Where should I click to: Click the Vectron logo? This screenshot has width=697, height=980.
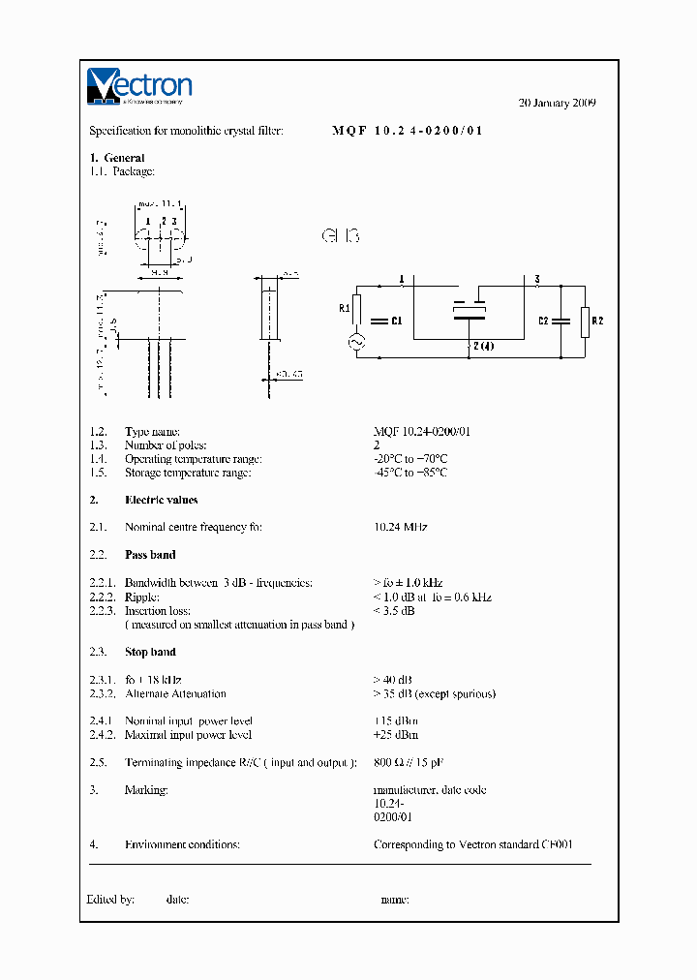pyautogui.click(x=139, y=85)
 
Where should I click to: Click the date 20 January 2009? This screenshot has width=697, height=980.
pyautogui.click(x=558, y=103)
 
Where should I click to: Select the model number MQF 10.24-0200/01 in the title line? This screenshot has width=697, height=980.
pyautogui.click(x=407, y=131)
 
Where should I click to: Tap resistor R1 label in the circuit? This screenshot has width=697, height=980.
pyautogui.click(x=345, y=309)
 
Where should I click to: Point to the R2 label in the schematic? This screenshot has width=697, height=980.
pyautogui.click(x=597, y=321)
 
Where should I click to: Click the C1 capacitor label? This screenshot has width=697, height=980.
pyautogui.click(x=395, y=321)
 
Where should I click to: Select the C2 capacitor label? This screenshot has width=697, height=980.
pyautogui.click(x=544, y=321)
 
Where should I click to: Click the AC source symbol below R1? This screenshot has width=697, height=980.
pyautogui.click(x=355, y=342)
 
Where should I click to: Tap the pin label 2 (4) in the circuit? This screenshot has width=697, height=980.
pyautogui.click(x=481, y=346)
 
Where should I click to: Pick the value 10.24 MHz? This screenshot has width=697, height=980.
pyautogui.click(x=400, y=527)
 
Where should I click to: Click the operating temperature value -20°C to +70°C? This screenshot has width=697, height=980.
pyautogui.click(x=410, y=459)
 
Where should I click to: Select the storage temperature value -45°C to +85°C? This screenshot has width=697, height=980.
pyautogui.click(x=410, y=473)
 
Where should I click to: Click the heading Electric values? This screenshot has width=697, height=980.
pyautogui.click(x=161, y=500)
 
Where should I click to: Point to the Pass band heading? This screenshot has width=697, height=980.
pyautogui.click(x=150, y=555)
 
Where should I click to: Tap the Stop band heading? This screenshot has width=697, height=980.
pyautogui.click(x=150, y=652)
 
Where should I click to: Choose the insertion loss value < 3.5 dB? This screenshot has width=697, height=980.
pyautogui.click(x=394, y=611)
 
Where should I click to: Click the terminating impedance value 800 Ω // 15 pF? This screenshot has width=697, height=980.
pyautogui.click(x=409, y=763)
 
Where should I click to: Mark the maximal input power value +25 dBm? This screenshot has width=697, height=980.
pyautogui.click(x=396, y=735)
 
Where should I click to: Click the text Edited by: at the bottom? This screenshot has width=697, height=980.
pyautogui.click(x=110, y=900)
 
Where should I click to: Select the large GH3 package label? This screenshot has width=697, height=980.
pyautogui.click(x=340, y=235)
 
